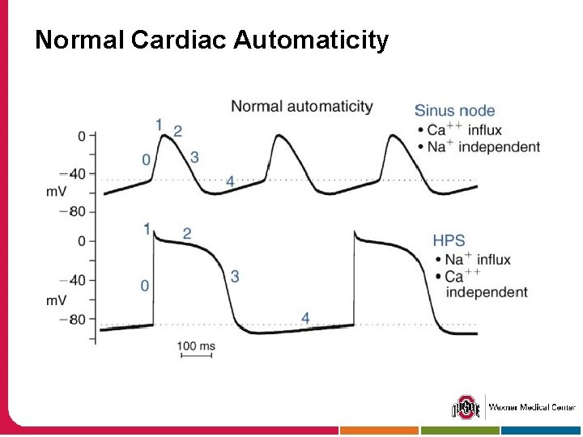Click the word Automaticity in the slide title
pos(312,40)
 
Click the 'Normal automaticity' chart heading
pos(302,106)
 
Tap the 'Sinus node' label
pos(454,111)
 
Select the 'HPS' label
pos(449,240)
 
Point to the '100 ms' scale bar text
pos(196,346)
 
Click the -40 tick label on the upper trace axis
pos(72,173)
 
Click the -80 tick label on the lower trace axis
pos(72,319)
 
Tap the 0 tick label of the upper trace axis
pos(81,136)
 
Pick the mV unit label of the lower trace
pos(56,300)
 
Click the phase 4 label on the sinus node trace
pos(230,181)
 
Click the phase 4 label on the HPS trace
pos(305,318)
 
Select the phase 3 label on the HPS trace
pos(235,277)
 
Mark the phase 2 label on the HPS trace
pos(187,234)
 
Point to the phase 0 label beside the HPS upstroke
pos(144,285)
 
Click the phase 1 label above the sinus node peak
pos(159,124)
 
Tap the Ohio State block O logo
pos(465,407)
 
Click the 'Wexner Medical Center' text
pos(532,407)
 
